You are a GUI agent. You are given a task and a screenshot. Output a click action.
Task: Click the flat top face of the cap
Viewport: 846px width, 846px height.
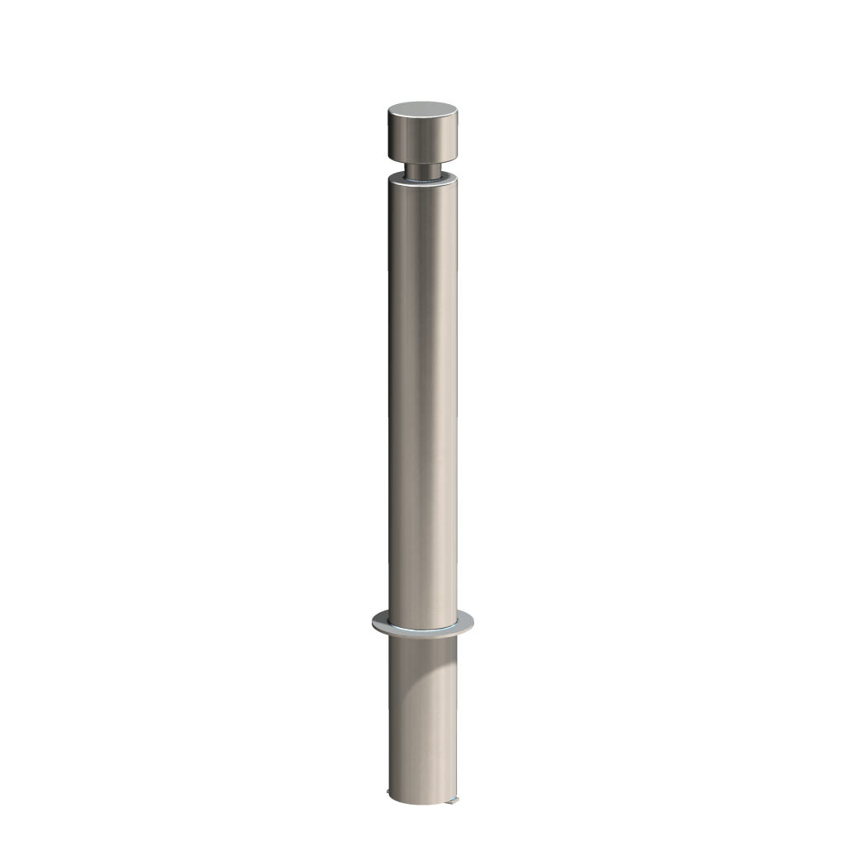422,111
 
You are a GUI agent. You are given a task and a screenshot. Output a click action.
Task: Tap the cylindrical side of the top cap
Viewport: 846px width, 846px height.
422,142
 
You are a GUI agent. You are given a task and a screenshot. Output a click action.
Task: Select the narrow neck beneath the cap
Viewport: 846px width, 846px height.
422,169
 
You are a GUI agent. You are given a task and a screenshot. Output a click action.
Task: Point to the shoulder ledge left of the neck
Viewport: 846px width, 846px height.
397,178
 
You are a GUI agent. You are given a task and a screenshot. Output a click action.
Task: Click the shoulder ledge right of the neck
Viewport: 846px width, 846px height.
448,178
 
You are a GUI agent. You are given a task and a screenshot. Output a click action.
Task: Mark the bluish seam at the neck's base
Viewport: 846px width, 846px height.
422,177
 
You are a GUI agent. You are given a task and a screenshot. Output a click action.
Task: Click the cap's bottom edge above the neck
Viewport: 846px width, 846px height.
422,162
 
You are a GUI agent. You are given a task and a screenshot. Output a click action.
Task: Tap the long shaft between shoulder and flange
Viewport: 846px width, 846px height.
422,397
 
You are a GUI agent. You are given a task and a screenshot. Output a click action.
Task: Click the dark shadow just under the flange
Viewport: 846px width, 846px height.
413,649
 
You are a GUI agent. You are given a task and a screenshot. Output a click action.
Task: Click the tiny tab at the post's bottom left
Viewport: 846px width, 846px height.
392,795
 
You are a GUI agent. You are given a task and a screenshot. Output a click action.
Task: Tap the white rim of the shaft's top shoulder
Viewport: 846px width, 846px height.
422,183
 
